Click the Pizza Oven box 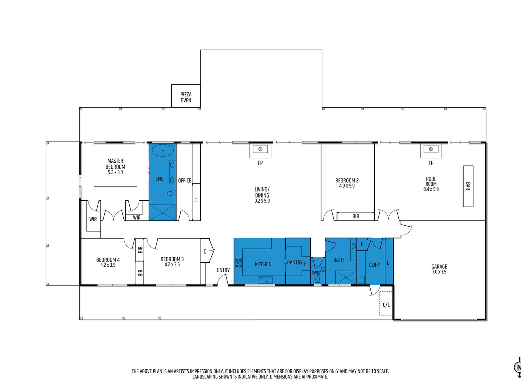coord(186,96)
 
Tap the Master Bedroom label coord(115,164)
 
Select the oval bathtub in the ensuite coord(163,150)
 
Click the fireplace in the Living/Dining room coord(260,150)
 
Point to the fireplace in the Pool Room coord(431,150)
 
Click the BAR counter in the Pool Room coord(468,186)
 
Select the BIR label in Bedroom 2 coord(356,216)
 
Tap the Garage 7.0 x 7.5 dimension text coord(439,272)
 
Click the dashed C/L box coord(386,303)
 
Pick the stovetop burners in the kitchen coord(239,263)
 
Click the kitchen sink coord(265,280)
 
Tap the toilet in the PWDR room coord(318,279)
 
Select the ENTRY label coord(223,270)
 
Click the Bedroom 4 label coord(108,260)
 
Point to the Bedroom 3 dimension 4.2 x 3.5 coord(172,265)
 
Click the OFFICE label coord(185,181)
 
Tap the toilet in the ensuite coord(171,193)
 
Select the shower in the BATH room coord(346,277)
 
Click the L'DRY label coord(374,265)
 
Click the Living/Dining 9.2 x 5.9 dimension coord(262,201)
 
